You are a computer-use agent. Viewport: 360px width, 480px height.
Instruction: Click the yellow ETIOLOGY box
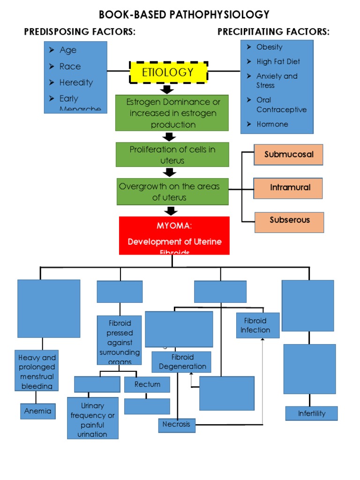(x=168, y=72)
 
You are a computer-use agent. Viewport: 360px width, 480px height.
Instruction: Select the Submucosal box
(x=288, y=155)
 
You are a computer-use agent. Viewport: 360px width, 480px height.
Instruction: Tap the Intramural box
(x=288, y=187)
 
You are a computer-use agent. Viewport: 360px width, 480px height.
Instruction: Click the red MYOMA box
(x=174, y=235)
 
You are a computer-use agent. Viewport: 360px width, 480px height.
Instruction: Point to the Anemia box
(x=38, y=411)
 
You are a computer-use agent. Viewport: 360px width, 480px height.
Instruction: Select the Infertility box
(x=311, y=413)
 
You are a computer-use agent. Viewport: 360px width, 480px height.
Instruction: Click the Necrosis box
(x=177, y=425)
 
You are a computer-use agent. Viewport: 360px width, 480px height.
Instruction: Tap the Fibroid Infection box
(x=257, y=325)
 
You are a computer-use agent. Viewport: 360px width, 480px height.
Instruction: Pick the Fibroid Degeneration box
(x=181, y=362)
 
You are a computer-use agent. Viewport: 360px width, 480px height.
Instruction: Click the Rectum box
(x=147, y=384)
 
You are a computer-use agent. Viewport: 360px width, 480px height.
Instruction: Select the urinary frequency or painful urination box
(x=93, y=420)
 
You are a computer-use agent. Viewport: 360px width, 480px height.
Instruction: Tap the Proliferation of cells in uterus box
(x=172, y=155)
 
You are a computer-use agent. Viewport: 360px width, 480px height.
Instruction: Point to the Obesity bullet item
(x=269, y=47)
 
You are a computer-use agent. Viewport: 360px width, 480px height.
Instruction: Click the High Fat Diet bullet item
(x=277, y=61)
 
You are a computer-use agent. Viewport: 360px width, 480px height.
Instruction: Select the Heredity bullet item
(x=75, y=82)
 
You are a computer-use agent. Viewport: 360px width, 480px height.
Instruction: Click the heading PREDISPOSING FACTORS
(x=80, y=32)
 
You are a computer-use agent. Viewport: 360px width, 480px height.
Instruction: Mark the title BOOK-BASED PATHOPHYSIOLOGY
(x=184, y=15)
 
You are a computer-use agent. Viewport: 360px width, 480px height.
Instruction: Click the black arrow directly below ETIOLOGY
(x=167, y=89)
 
